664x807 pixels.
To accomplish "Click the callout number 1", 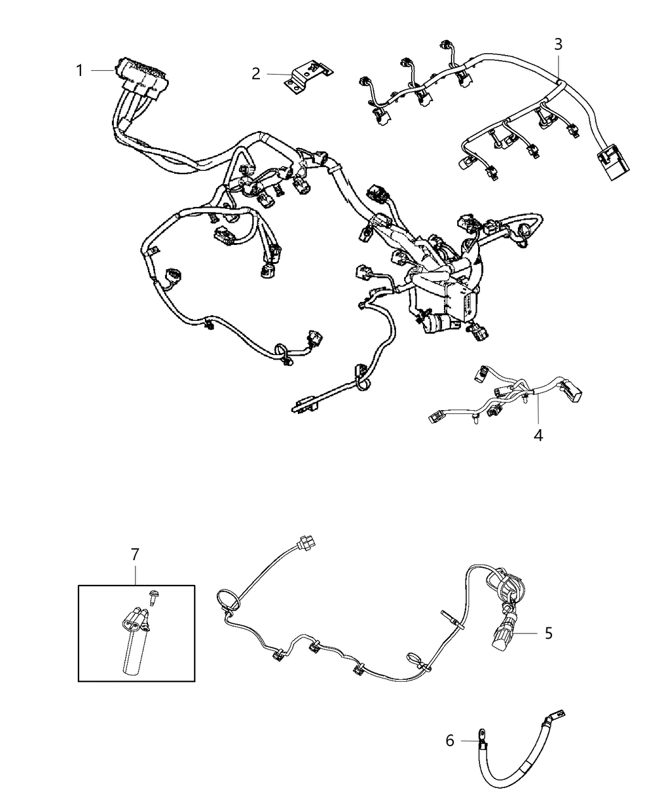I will (80, 71).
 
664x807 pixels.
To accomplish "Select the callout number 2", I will (255, 74).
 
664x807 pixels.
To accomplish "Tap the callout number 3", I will (558, 44).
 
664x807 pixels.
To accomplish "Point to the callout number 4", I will (538, 435).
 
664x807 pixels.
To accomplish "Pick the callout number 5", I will (548, 632).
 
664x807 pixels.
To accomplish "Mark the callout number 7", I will (135, 554).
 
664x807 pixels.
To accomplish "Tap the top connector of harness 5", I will (305, 544).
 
